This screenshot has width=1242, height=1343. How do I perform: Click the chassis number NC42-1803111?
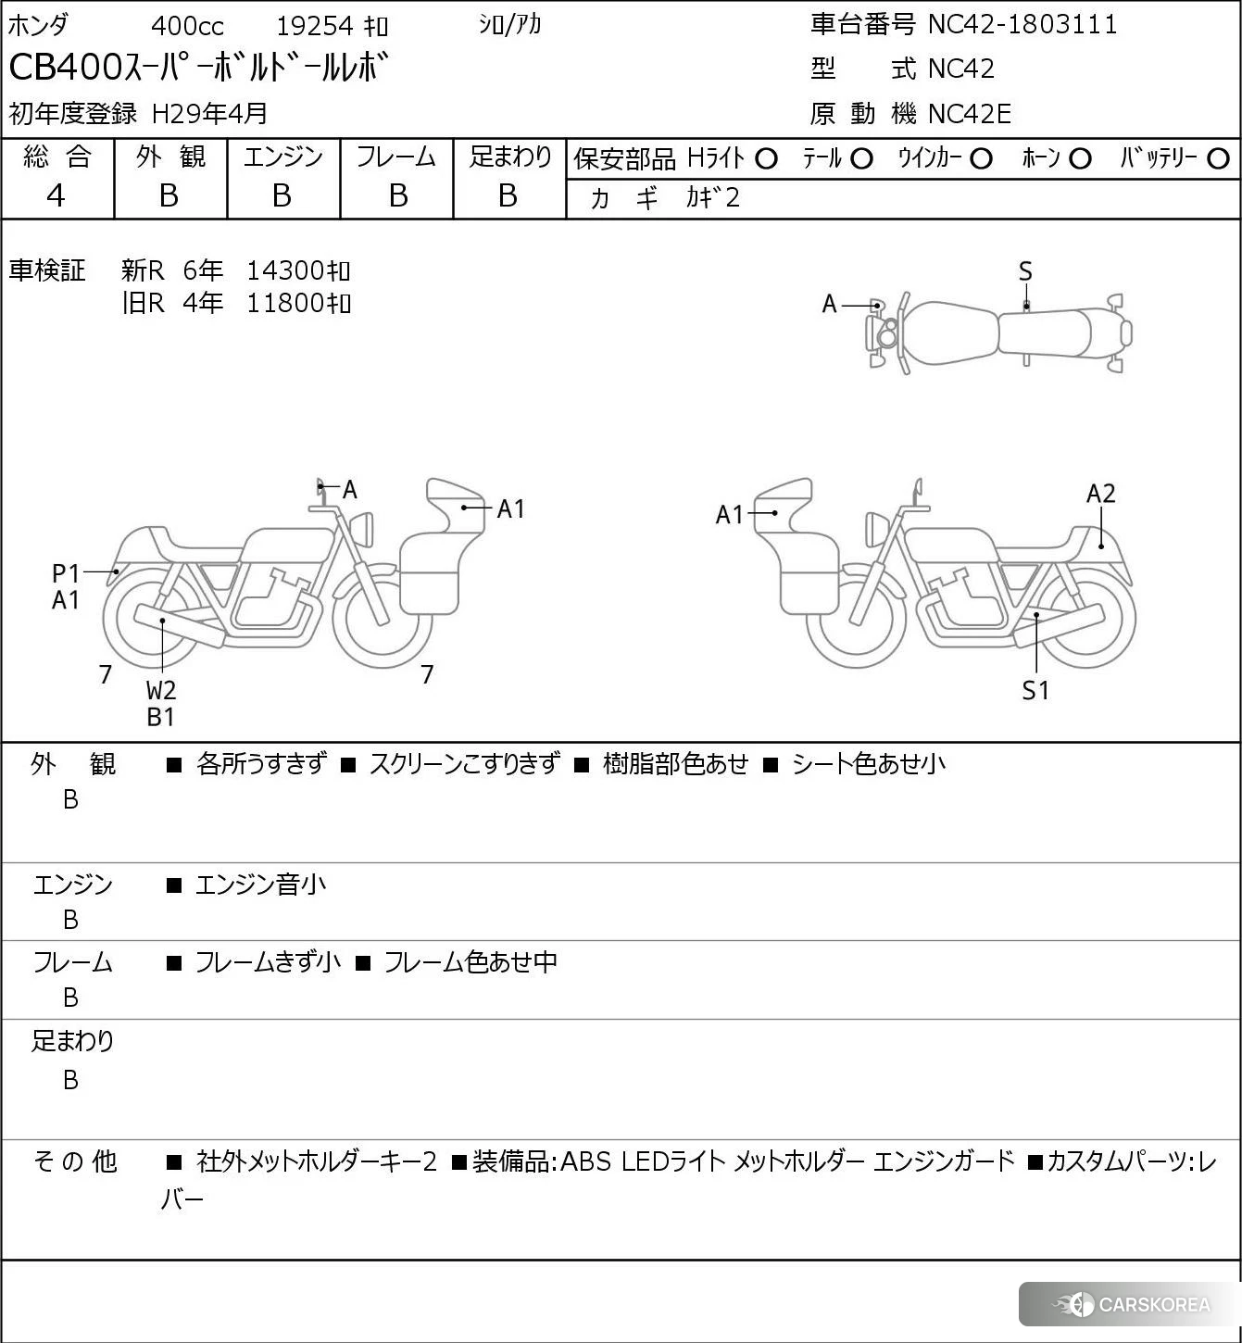1022,24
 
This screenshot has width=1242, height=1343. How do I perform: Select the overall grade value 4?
56,195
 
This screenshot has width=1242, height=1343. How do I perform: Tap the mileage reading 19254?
315,26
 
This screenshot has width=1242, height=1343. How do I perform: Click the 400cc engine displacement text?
187,26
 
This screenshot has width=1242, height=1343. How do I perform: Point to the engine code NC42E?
969,114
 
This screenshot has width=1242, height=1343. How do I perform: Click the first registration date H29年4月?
209,114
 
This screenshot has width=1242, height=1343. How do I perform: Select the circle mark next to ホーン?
1080,159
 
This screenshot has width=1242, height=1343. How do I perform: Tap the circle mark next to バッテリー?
1219,159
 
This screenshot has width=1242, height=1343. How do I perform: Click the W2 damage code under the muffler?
160,690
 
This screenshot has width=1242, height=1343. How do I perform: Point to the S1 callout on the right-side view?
1035,690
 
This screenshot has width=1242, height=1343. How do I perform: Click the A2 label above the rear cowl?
1100,494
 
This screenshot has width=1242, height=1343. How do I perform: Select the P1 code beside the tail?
66,574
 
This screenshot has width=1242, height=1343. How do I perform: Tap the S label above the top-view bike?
1025,272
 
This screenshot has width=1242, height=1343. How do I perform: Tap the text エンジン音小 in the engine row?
260,885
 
